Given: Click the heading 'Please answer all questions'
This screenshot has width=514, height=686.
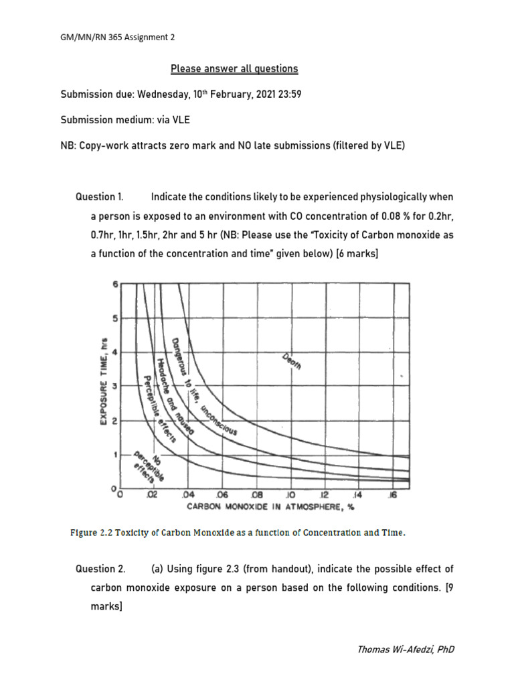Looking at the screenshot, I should [234, 69].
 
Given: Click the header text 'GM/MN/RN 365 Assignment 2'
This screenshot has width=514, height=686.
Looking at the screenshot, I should [118, 38].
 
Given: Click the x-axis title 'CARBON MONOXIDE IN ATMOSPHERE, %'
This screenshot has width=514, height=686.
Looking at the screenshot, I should [270, 506].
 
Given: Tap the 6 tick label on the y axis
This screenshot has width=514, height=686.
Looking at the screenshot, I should [114, 284].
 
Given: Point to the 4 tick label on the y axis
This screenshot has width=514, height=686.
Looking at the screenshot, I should [114, 352].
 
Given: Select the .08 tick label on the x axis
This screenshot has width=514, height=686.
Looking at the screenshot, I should [255, 496].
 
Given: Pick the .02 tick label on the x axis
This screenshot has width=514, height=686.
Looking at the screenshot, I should [152, 496].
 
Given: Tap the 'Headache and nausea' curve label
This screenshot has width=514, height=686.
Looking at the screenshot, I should [175, 397].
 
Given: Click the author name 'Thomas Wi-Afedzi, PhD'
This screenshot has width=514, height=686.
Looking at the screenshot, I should [406, 649].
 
